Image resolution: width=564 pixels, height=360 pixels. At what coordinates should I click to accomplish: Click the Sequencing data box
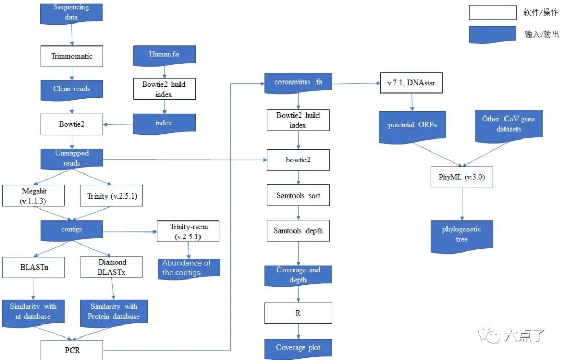coord(72,12)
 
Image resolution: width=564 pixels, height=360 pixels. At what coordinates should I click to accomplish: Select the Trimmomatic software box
coord(72,56)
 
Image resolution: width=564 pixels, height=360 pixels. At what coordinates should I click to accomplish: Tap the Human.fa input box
coord(164,54)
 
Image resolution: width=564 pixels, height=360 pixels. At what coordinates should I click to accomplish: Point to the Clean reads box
coord(72,89)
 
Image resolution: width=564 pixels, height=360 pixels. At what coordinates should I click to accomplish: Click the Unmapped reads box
coord(72,158)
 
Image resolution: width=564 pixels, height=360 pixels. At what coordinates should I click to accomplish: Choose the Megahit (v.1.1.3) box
coord(33,196)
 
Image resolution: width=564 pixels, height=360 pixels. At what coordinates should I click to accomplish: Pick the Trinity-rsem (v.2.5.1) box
coord(188,231)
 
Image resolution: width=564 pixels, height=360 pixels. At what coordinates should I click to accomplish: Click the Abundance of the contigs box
coord(188,268)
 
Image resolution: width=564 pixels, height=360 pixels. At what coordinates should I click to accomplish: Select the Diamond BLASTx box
coord(111,266)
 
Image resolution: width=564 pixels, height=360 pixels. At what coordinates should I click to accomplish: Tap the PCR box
coord(73,350)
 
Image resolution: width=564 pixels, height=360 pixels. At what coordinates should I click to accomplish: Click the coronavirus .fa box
coord(298,83)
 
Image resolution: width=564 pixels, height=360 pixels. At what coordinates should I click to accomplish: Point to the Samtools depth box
coord(298,231)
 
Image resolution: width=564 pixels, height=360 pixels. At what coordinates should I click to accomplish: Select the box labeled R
coord(298,313)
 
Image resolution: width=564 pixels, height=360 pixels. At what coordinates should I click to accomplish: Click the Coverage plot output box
coord(298,348)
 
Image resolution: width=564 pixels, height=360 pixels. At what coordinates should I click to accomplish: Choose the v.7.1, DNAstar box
coord(412,83)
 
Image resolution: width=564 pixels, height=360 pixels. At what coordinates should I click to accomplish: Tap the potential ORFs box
coord(412,126)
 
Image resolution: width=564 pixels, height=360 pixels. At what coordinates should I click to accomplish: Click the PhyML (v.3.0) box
coord(462,177)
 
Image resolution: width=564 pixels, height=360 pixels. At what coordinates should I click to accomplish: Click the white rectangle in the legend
coord(492,13)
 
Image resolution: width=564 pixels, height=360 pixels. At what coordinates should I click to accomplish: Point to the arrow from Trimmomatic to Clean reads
coord(72,73)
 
